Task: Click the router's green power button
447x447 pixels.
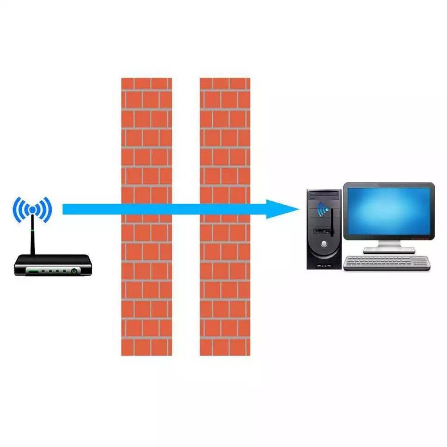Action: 74,271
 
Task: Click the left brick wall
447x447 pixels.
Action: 146,290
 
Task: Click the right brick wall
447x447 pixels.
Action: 225,290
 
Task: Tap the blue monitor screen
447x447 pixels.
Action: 389,211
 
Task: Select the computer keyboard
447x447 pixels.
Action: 387,263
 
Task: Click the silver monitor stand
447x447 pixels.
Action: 389,247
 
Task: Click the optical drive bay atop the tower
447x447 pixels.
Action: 324,195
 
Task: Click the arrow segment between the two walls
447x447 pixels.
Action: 186,209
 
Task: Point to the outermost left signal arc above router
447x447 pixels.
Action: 16,210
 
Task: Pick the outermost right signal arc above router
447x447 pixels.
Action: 49,210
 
